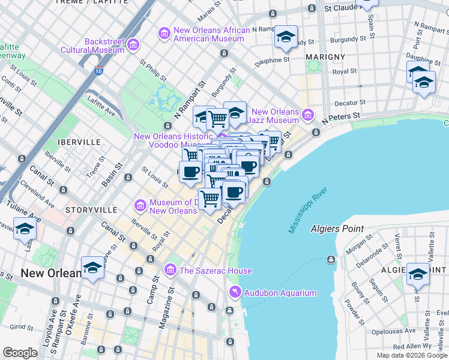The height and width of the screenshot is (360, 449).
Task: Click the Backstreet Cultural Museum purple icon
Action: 133,44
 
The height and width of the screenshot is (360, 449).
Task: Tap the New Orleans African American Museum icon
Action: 164,34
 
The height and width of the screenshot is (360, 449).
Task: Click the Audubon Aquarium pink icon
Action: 235,292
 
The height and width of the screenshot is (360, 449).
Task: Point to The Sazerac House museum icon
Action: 170,270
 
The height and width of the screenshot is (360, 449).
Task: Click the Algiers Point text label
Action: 337,229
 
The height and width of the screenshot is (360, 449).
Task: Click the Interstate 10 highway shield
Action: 97,71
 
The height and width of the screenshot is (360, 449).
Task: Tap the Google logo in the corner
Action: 20,352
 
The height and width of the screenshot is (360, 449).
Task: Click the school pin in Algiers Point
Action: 418,274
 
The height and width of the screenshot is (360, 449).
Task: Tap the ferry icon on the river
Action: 330,259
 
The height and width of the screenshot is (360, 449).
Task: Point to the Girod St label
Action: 21,327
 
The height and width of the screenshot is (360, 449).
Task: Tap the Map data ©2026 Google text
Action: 411,355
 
